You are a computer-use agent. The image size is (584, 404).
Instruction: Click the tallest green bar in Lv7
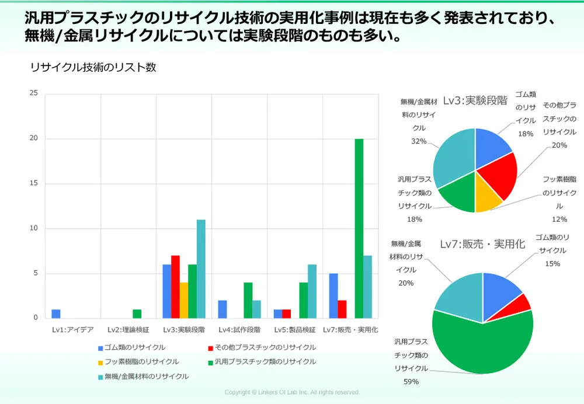point(359,228)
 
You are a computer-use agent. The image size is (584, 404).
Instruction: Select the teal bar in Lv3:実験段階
point(201,269)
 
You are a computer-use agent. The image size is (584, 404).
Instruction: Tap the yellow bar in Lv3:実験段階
point(183,300)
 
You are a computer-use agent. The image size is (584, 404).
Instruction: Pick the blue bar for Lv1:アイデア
point(56,314)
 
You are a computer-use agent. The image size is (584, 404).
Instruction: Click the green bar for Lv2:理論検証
point(137,314)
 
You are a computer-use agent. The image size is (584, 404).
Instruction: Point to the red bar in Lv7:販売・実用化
point(342,309)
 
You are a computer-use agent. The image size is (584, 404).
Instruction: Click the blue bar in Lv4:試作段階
point(223,309)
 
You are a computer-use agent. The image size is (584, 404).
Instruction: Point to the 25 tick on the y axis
point(33,93)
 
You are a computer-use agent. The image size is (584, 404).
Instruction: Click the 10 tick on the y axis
point(33,228)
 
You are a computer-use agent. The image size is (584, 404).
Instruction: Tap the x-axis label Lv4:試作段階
point(239,329)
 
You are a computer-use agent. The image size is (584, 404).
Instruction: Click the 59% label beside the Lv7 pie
point(411,382)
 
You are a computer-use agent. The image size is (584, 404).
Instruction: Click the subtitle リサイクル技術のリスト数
point(93,68)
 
